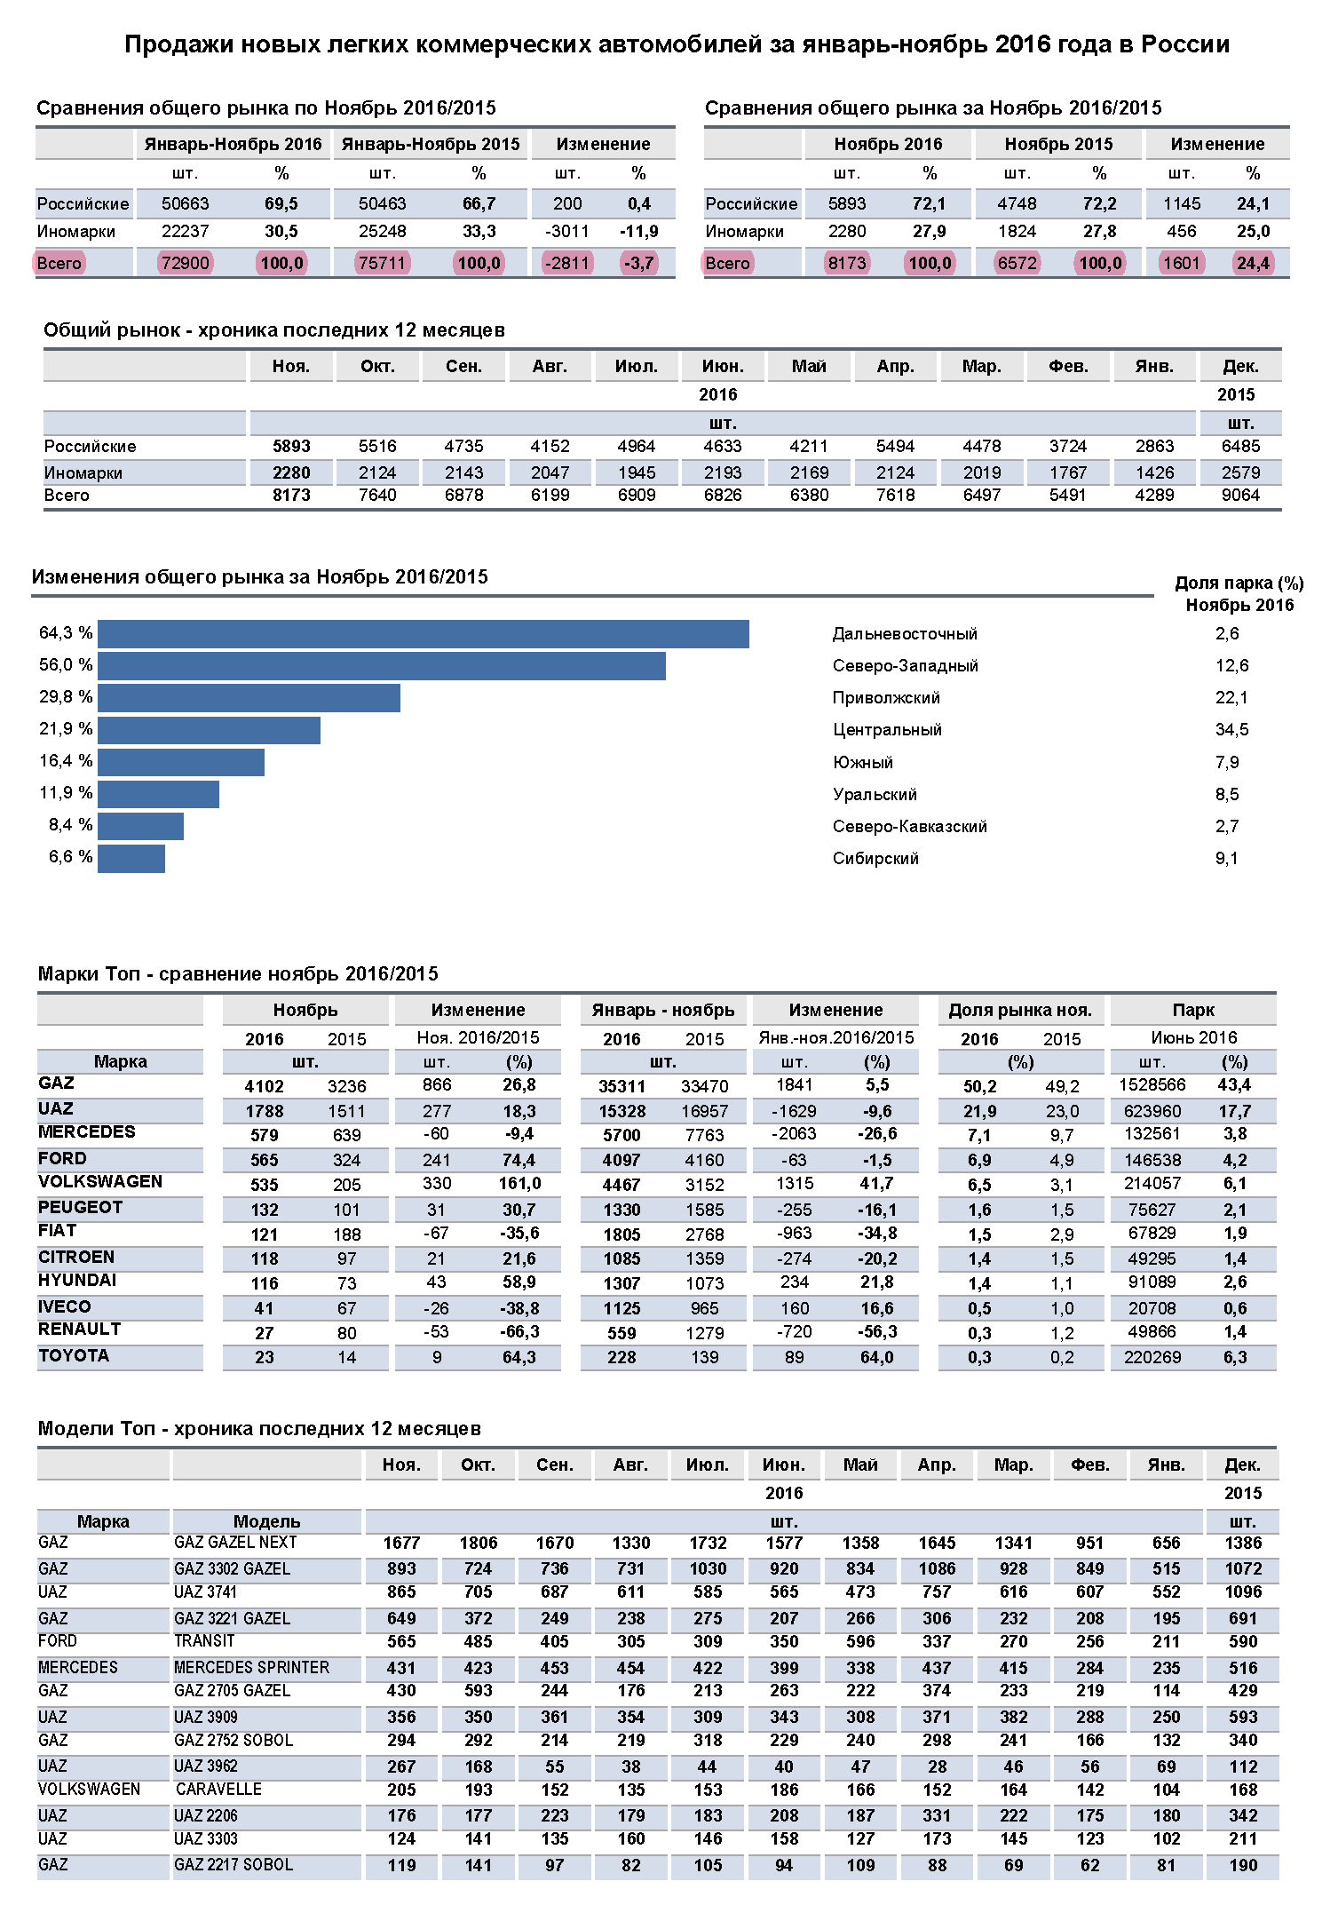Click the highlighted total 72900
[186, 263]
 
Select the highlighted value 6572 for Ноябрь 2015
[1017, 263]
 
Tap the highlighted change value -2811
[567, 263]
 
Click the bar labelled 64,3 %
[423, 634]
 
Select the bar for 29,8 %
[249, 698]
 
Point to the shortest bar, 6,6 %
[131, 859]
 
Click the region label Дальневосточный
[905, 634]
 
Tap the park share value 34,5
[1231, 730]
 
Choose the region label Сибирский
[875, 859]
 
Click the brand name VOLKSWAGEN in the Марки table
[100, 1182]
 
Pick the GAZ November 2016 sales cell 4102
[264, 1086]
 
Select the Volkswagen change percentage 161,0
[519, 1184]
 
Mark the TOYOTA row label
[74, 1356]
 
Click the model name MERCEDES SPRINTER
[251, 1668]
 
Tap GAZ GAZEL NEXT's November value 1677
[401, 1544]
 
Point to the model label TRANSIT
[204, 1641]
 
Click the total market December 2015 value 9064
[1240, 496]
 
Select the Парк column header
[1193, 1011]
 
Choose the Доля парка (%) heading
[1239, 583]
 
